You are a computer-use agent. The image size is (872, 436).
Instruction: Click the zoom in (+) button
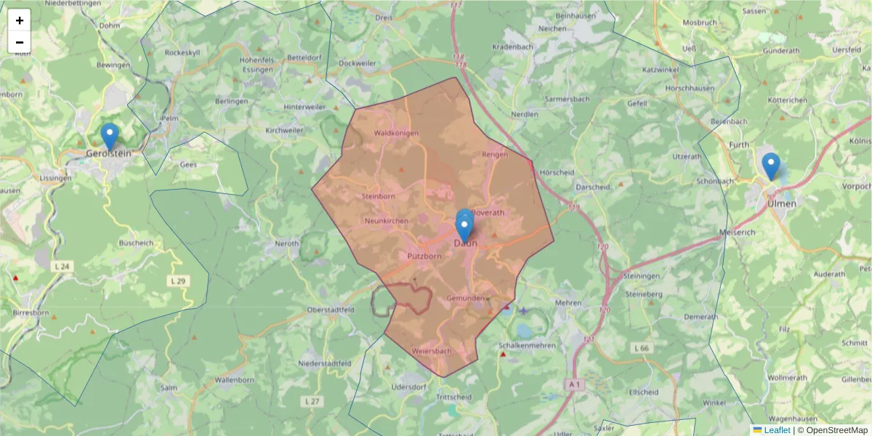click(20, 20)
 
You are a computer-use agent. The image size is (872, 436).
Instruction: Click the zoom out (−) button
click(20, 42)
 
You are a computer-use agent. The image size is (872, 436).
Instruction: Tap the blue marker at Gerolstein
click(109, 136)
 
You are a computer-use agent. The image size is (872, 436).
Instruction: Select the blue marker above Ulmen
click(770, 166)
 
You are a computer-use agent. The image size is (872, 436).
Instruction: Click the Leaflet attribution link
click(776, 430)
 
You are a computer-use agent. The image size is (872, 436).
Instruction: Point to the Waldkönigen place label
click(396, 133)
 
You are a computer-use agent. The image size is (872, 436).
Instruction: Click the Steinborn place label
click(378, 196)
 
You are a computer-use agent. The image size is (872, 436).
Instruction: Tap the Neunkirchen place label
click(387, 221)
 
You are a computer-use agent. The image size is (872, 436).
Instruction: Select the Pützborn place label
click(424, 257)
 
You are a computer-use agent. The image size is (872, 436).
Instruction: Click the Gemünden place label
click(466, 299)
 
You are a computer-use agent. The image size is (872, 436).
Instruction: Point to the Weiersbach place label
click(432, 351)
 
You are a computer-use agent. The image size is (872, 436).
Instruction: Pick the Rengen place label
click(495, 154)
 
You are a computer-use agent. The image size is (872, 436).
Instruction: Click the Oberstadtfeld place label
click(331, 310)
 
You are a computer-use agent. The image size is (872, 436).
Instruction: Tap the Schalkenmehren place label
click(528, 346)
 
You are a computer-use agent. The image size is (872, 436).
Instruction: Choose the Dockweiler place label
click(358, 63)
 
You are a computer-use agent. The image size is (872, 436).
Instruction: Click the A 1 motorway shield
click(574, 383)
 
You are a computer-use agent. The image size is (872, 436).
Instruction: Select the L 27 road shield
click(312, 401)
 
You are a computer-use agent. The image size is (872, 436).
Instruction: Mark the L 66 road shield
click(640, 349)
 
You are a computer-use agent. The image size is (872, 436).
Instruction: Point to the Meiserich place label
click(737, 232)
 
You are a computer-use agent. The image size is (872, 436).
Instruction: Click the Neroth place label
click(287, 244)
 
